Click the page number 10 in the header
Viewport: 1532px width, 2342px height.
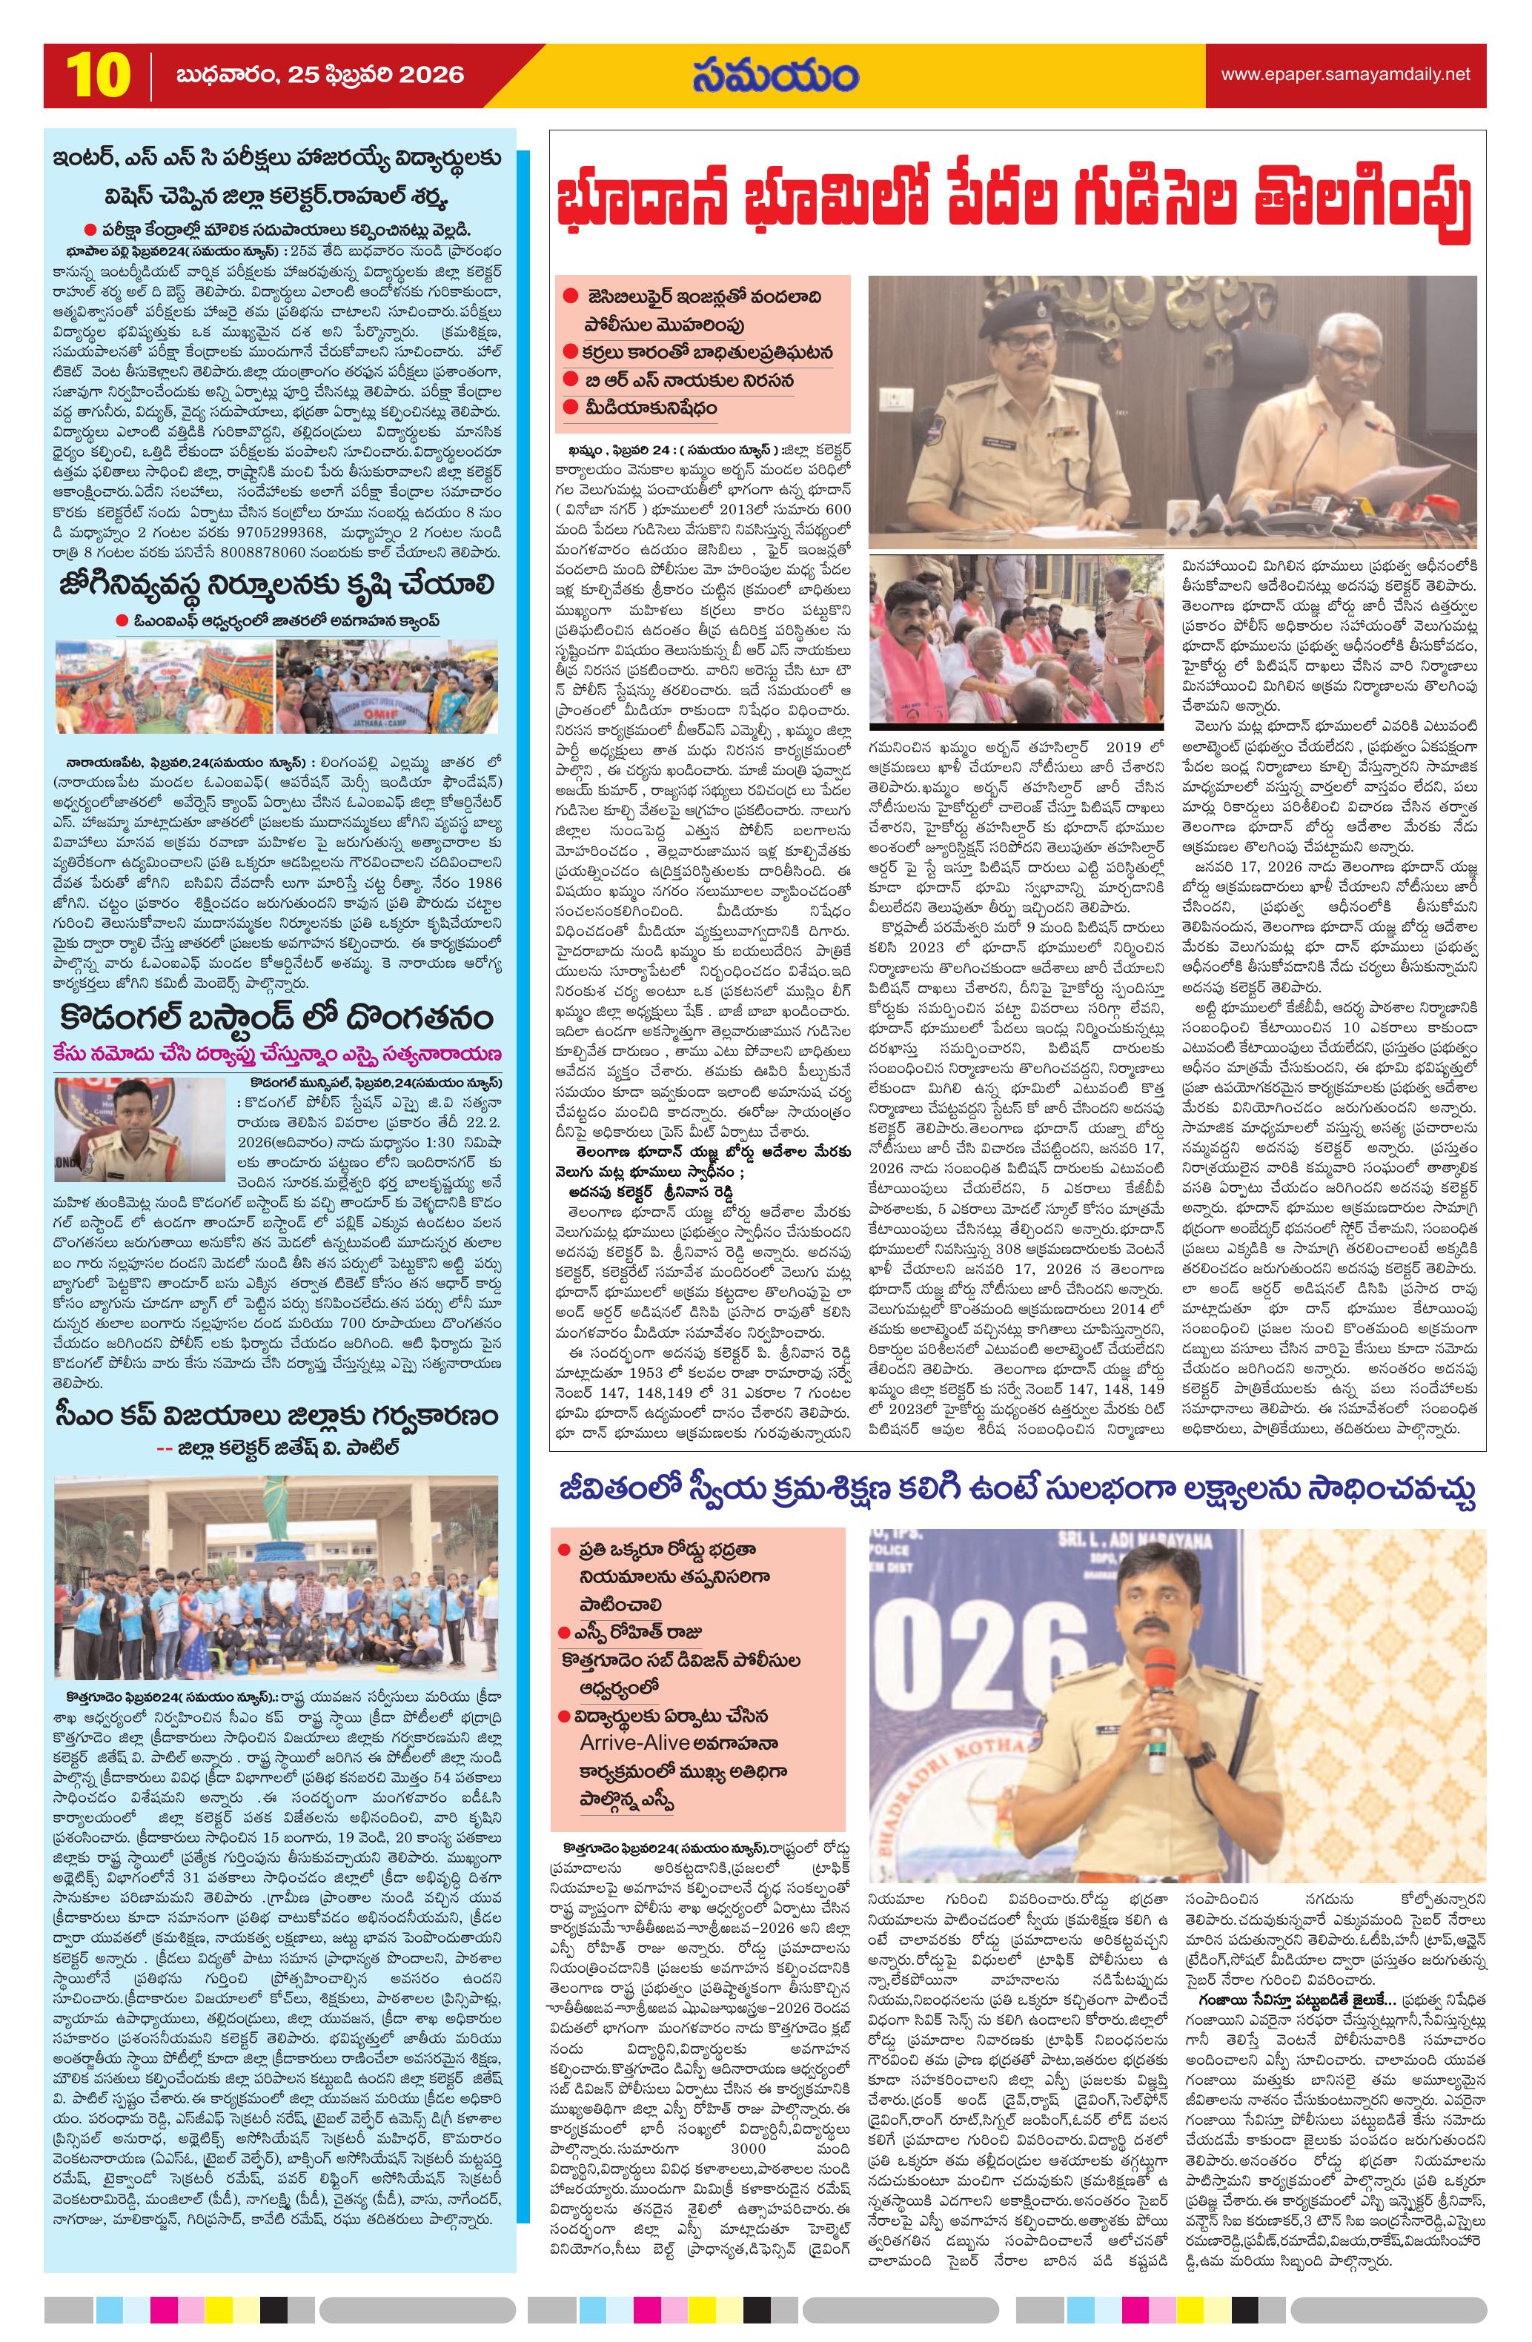pos(97,76)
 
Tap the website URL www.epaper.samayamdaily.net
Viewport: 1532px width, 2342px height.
pos(1345,75)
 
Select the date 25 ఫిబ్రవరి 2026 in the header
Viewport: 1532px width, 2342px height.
pos(319,76)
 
